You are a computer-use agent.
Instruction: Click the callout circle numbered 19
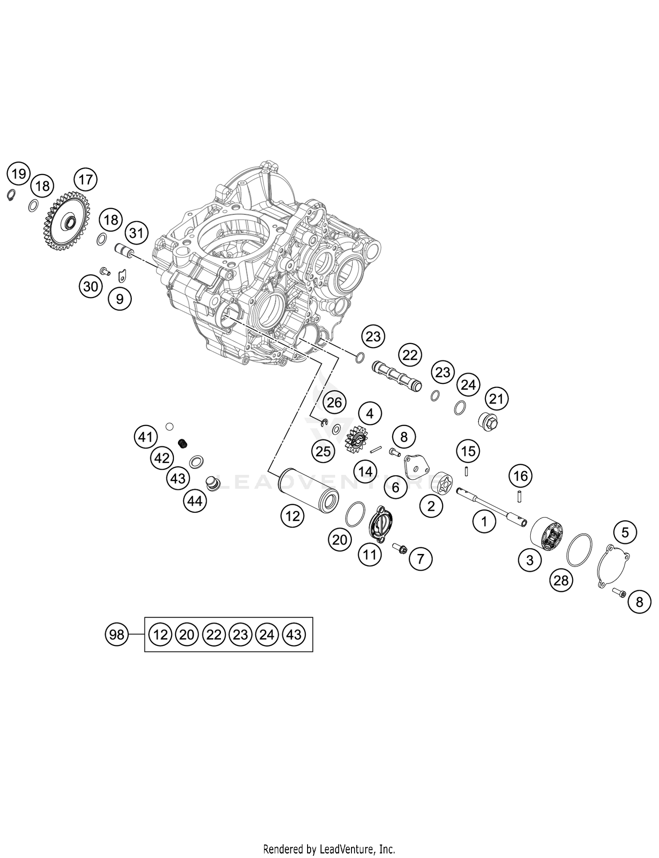pos(18,174)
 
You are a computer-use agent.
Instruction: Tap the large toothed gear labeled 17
pos(68,219)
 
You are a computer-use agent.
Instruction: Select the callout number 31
pos(136,233)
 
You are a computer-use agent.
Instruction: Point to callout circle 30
pos(91,286)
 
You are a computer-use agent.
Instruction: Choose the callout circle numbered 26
pos(334,402)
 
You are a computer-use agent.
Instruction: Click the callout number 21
pos(496,399)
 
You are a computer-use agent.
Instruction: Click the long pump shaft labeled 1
pos(492,506)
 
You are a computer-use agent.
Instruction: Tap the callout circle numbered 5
pos(625,532)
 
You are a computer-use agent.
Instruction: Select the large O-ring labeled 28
pos(579,550)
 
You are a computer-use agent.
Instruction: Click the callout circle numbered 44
pos(195,500)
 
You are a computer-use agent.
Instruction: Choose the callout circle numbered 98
pos(117,634)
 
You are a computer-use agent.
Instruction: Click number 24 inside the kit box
pos(267,634)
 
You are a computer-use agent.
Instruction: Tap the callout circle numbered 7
pos(420,559)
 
